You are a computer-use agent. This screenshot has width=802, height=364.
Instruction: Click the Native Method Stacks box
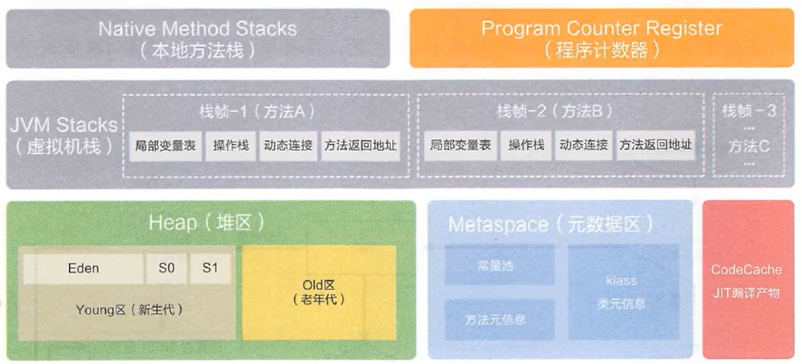(198, 38)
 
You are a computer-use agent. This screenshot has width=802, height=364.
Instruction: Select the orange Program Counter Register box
(601, 38)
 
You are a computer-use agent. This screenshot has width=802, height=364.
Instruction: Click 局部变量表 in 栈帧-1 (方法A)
(165, 145)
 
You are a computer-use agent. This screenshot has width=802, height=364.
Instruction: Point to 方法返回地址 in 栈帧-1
(360, 145)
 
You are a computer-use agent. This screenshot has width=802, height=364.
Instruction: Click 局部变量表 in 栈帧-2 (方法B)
(460, 145)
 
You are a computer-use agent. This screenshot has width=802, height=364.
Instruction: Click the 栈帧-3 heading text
(749, 110)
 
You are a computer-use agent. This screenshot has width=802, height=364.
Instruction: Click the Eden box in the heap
(84, 269)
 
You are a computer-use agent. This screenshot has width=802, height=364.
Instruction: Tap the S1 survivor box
(210, 269)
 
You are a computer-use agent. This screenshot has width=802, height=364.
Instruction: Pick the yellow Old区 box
(319, 292)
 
